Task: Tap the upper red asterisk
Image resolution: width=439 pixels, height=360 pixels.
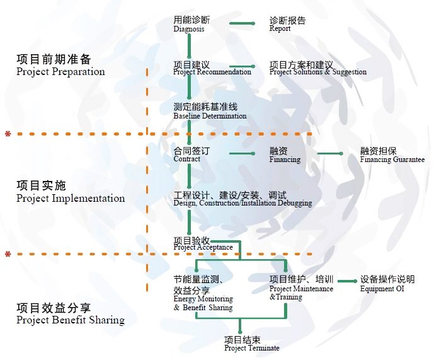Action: (x=8, y=134)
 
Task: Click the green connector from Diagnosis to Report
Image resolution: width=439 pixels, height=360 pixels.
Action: (x=242, y=24)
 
